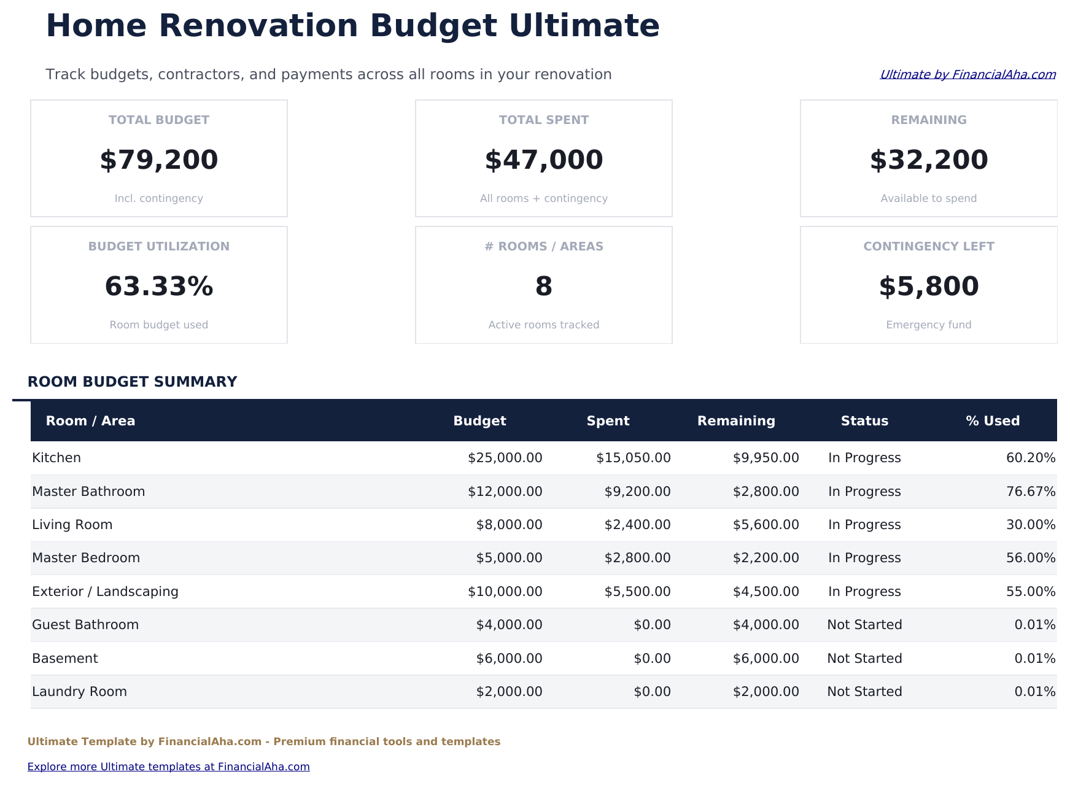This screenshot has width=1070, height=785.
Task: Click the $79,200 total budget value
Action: point(158,160)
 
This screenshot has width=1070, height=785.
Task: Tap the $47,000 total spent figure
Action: point(543,160)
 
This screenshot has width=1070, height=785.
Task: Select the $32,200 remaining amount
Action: point(928,160)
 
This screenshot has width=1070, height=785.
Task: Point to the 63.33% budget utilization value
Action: point(158,287)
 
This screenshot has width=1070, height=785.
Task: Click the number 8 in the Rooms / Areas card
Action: point(543,287)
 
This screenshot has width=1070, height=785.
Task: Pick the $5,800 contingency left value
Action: point(928,287)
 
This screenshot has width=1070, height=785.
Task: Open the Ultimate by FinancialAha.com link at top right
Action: point(967,75)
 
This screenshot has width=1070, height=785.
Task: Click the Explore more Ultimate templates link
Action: point(168,767)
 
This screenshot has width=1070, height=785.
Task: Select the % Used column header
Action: point(992,421)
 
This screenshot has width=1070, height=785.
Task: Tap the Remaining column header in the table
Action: point(735,421)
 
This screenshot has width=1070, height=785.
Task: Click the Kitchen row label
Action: point(56,458)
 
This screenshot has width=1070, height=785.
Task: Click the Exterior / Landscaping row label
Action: point(105,592)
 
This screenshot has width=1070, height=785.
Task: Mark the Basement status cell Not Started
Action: point(864,659)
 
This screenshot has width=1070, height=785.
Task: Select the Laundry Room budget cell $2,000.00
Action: point(509,692)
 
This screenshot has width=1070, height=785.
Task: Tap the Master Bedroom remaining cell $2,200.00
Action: point(766,558)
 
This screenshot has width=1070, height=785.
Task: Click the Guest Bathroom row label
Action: point(85,625)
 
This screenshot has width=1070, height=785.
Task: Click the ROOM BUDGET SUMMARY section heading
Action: point(132,382)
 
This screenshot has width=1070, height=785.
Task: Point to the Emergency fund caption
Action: point(928,325)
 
